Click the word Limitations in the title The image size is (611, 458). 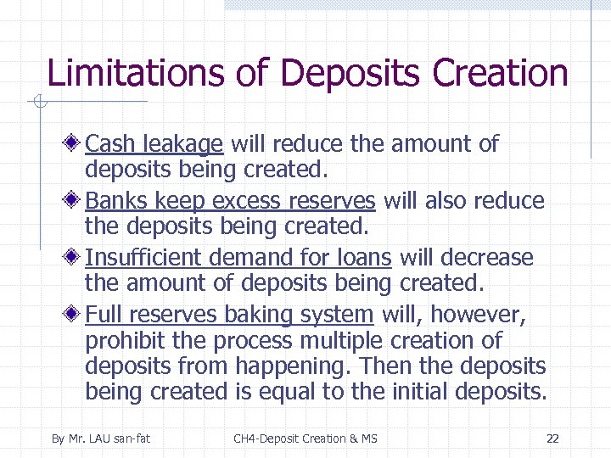pos(137,73)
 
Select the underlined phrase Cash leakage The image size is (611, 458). pos(154,144)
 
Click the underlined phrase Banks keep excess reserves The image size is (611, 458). pos(230,201)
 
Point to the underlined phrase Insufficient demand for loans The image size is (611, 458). pos(238,258)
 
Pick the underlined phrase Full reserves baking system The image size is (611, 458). pos(229,315)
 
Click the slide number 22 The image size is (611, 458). pos(552,438)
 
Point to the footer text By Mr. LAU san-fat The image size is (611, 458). pos(100,438)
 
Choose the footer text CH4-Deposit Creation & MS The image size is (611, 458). pos(305,438)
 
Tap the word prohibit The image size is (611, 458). pos(121,341)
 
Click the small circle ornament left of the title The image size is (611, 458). pos(36,103)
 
